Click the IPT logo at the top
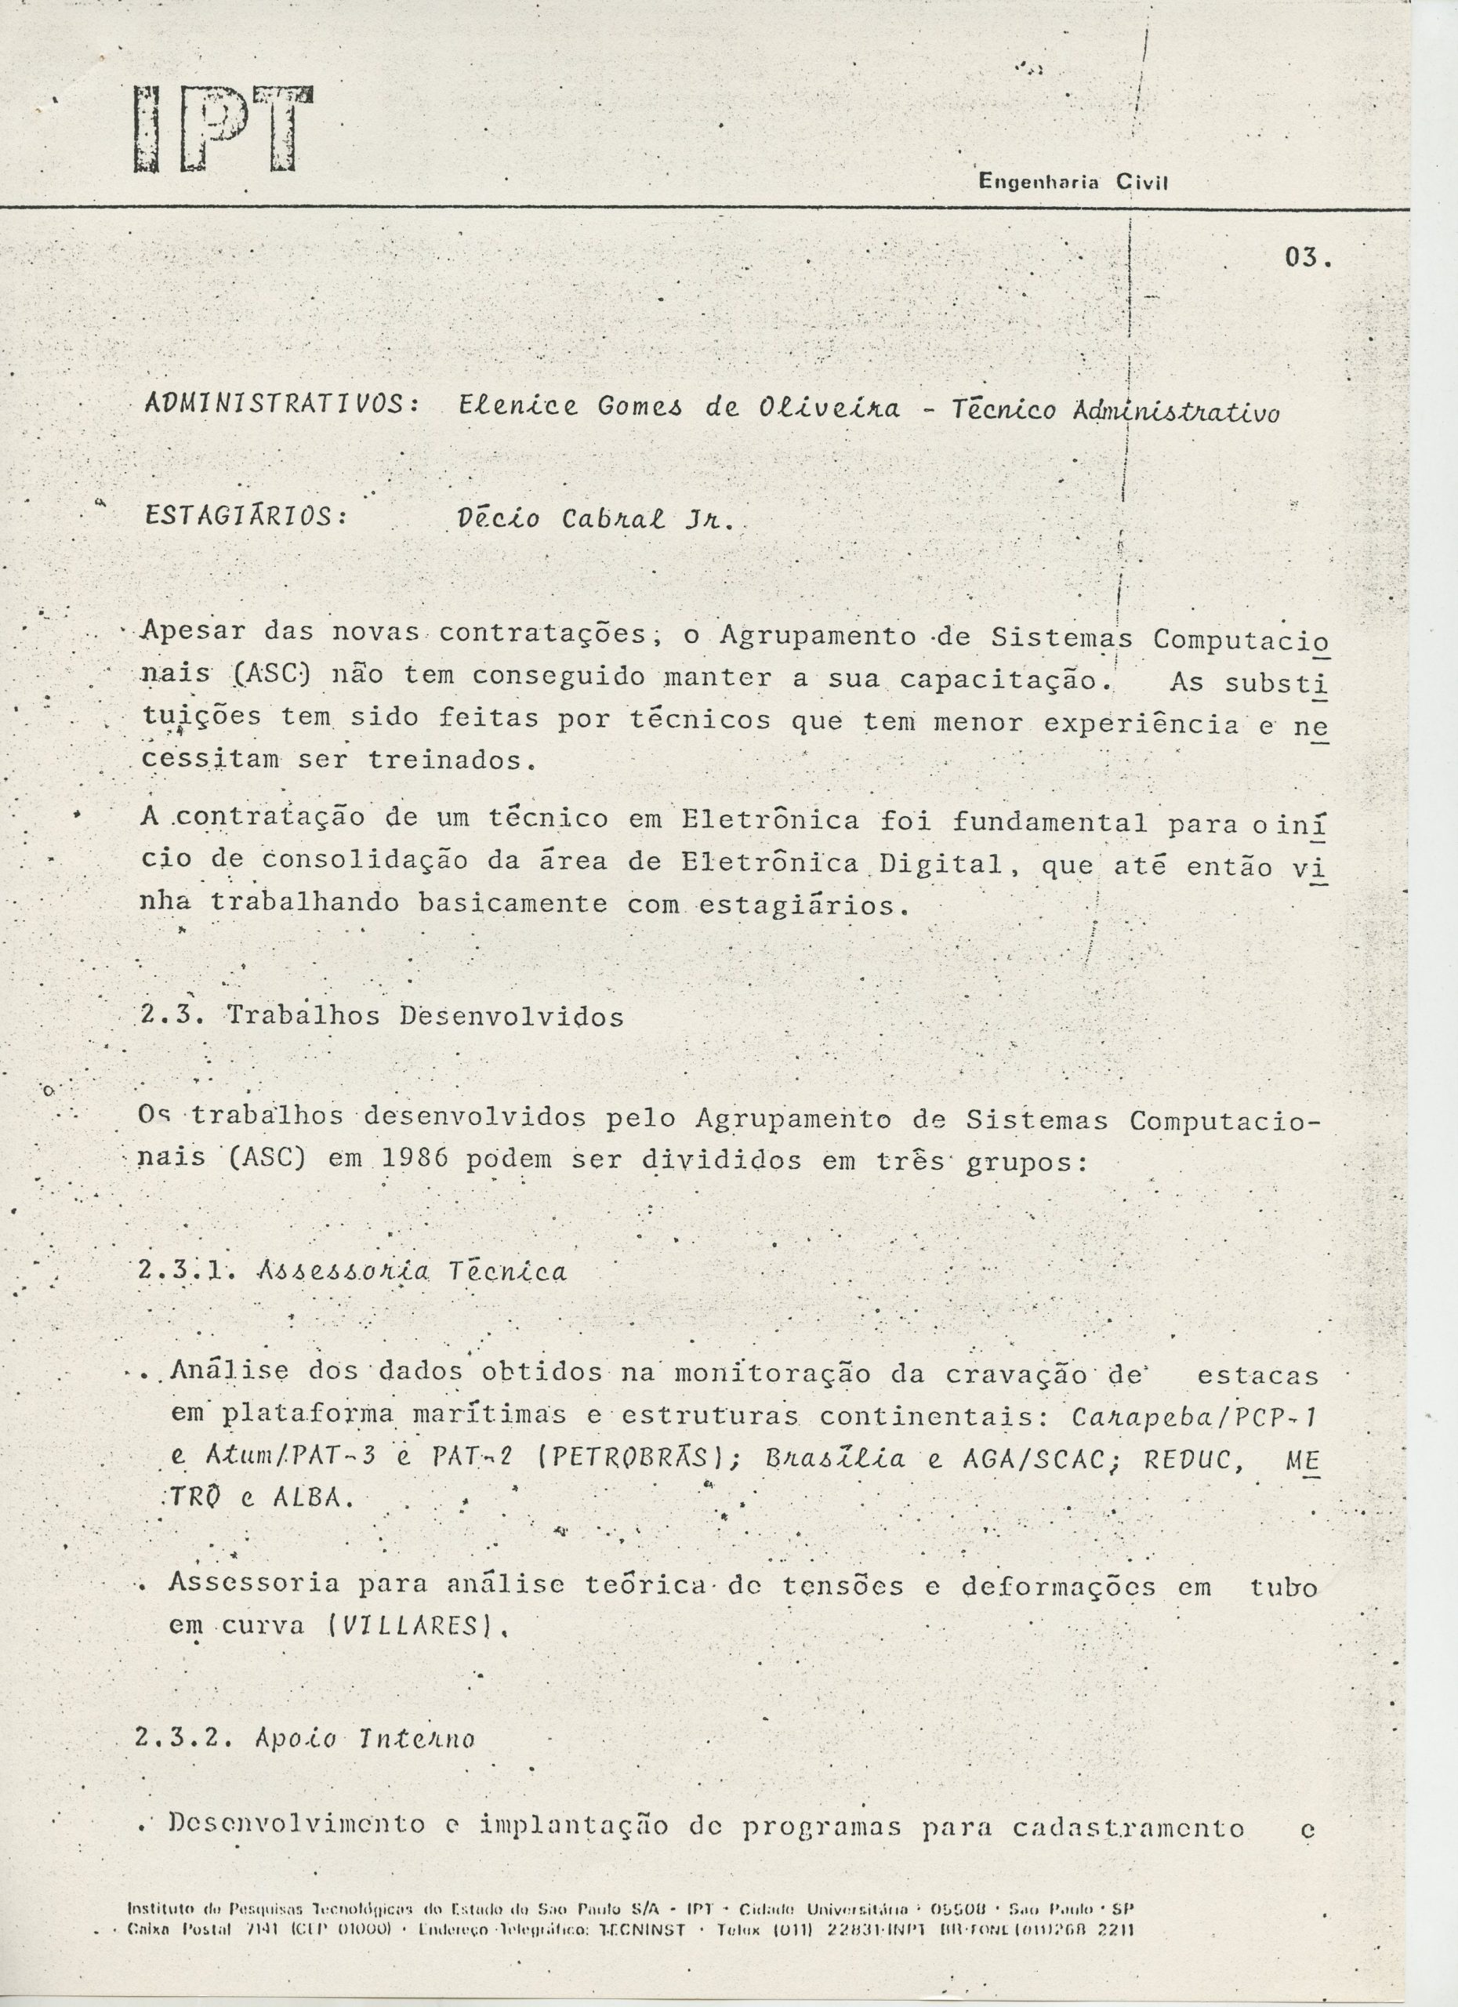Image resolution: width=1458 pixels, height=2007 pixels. coord(223,129)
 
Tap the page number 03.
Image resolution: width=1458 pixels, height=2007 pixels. coord(1307,259)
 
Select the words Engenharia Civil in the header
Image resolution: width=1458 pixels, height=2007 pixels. coord(1073,183)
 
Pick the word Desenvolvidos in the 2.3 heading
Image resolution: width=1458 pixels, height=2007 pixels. coord(511,1016)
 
